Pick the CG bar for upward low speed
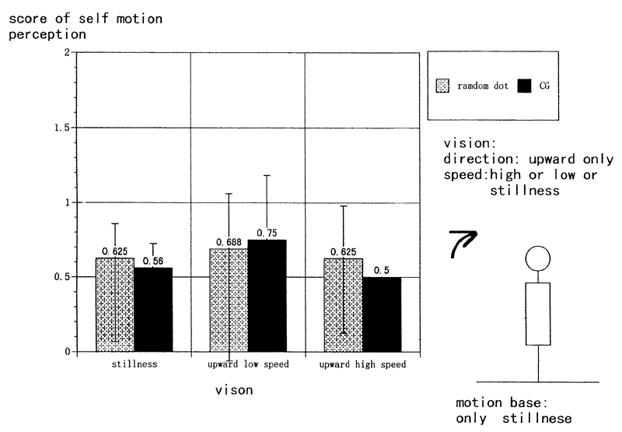click(267, 295)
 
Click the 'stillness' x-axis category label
click(133, 364)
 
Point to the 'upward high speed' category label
click(362, 364)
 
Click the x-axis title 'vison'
click(234, 390)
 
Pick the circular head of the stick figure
click(537, 257)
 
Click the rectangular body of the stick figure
click(537, 313)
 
